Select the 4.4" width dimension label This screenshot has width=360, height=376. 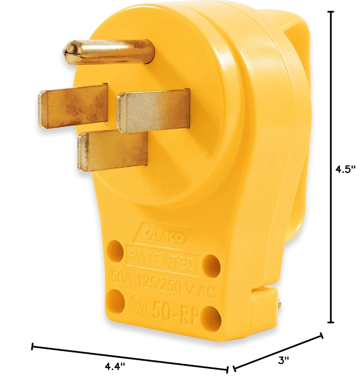tap(115, 366)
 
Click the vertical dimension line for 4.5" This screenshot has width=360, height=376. tap(331, 168)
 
